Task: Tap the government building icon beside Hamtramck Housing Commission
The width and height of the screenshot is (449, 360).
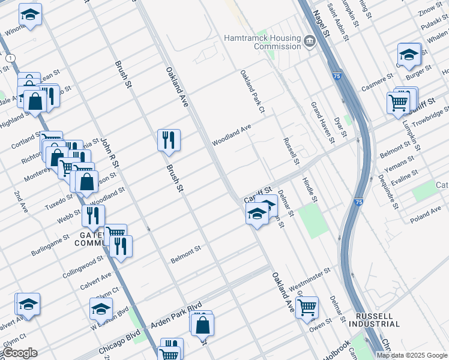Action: tap(310, 41)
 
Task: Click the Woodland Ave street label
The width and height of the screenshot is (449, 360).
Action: tap(231, 136)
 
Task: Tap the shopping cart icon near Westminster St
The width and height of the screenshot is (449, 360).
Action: tap(307, 307)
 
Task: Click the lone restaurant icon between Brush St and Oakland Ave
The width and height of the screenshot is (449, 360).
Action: tap(169, 140)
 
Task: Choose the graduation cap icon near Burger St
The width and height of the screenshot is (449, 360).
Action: tap(409, 55)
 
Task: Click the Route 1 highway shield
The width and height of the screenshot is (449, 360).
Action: tap(10, 58)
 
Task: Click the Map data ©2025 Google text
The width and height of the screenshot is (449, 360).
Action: tap(411, 355)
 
